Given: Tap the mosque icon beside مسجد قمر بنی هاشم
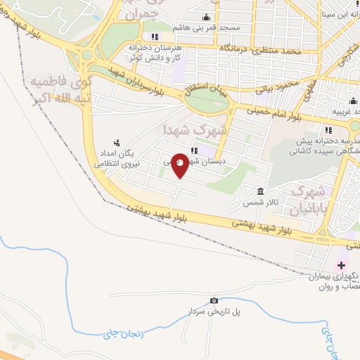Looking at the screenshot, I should pyautogui.click(x=206, y=18).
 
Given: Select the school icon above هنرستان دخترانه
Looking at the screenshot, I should pyautogui.click(x=154, y=37).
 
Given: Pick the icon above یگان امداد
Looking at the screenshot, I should pyautogui.click(x=117, y=142).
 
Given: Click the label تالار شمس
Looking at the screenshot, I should pyautogui.click(x=258, y=202).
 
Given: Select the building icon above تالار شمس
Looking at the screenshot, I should pyautogui.click(x=260, y=191).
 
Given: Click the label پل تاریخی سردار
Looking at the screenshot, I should pyautogui.click(x=209, y=310).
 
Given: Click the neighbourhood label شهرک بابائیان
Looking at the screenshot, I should pyautogui.click(x=309, y=199).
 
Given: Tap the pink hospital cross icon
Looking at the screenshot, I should pyautogui.click(x=342, y=265).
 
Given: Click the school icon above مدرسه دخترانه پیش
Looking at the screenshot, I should pyautogui.click(x=328, y=129).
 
